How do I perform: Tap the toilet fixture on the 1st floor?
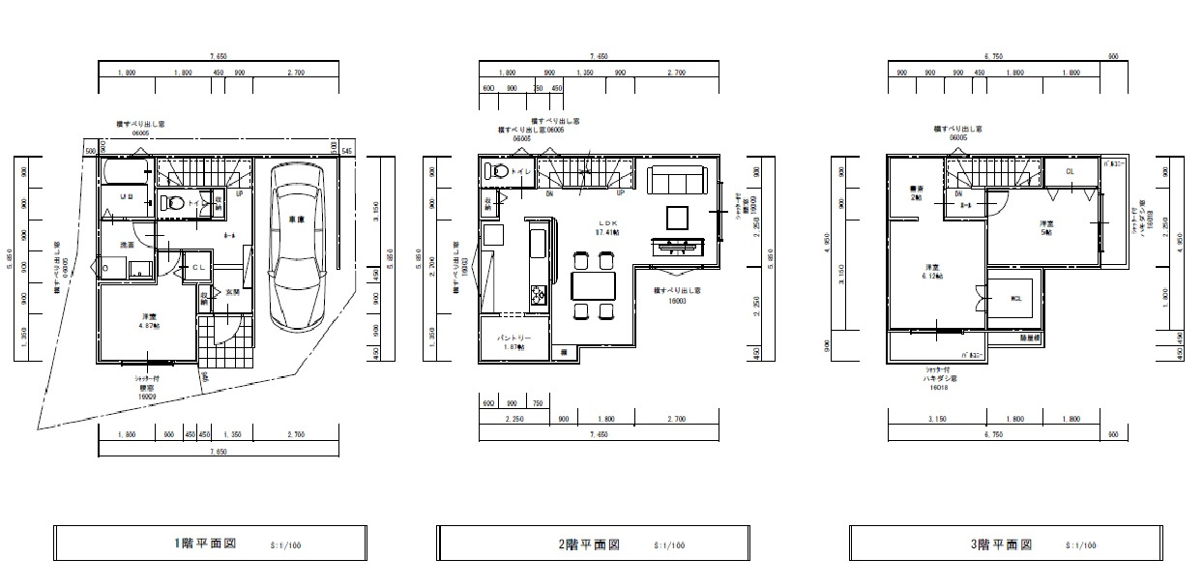pos(173,204)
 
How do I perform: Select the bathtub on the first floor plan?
pos(124,173)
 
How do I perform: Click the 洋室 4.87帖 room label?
pos(150,320)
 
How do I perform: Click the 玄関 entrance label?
pos(233,292)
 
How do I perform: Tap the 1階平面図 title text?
pos(205,544)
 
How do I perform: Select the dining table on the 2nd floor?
pos(592,285)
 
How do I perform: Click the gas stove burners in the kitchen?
pos(538,293)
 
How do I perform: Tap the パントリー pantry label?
pos(514,342)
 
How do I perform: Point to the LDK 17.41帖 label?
pos(606,227)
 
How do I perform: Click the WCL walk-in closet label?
pos(1015,298)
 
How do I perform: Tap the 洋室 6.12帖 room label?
pos(932,271)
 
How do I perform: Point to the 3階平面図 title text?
pos(1002,544)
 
